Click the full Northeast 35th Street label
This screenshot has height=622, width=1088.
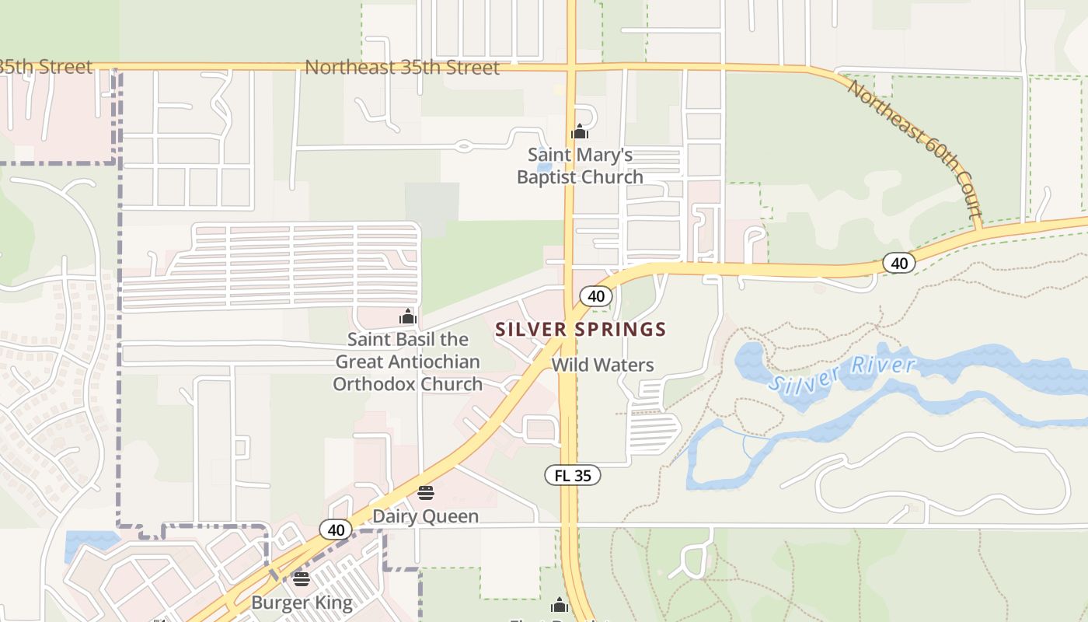[x=402, y=68]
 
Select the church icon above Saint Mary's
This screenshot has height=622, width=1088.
[x=579, y=131]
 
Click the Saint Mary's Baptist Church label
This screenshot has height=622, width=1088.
[x=580, y=166]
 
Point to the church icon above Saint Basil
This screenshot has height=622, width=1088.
[x=408, y=316]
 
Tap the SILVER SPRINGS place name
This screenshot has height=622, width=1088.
[x=581, y=329]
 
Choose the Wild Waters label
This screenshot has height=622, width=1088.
[x=602, y=365]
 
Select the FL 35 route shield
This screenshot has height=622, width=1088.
[x=573, y=476]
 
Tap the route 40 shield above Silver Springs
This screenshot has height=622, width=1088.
[x=596, y=295]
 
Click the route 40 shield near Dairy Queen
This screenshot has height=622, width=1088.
[x=336, y=529]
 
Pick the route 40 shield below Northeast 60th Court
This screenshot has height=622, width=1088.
[x=899, y=264]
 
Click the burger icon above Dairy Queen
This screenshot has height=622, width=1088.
[x=425, y=492]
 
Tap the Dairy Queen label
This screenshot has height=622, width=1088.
[x=425, y=516]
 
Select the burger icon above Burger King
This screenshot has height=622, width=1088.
[x=302, y=579]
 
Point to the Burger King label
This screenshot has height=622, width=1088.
[x=302, y=603]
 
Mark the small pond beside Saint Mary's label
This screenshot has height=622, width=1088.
[x=544, y=166]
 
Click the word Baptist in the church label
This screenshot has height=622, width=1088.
[x=548, y=177]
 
